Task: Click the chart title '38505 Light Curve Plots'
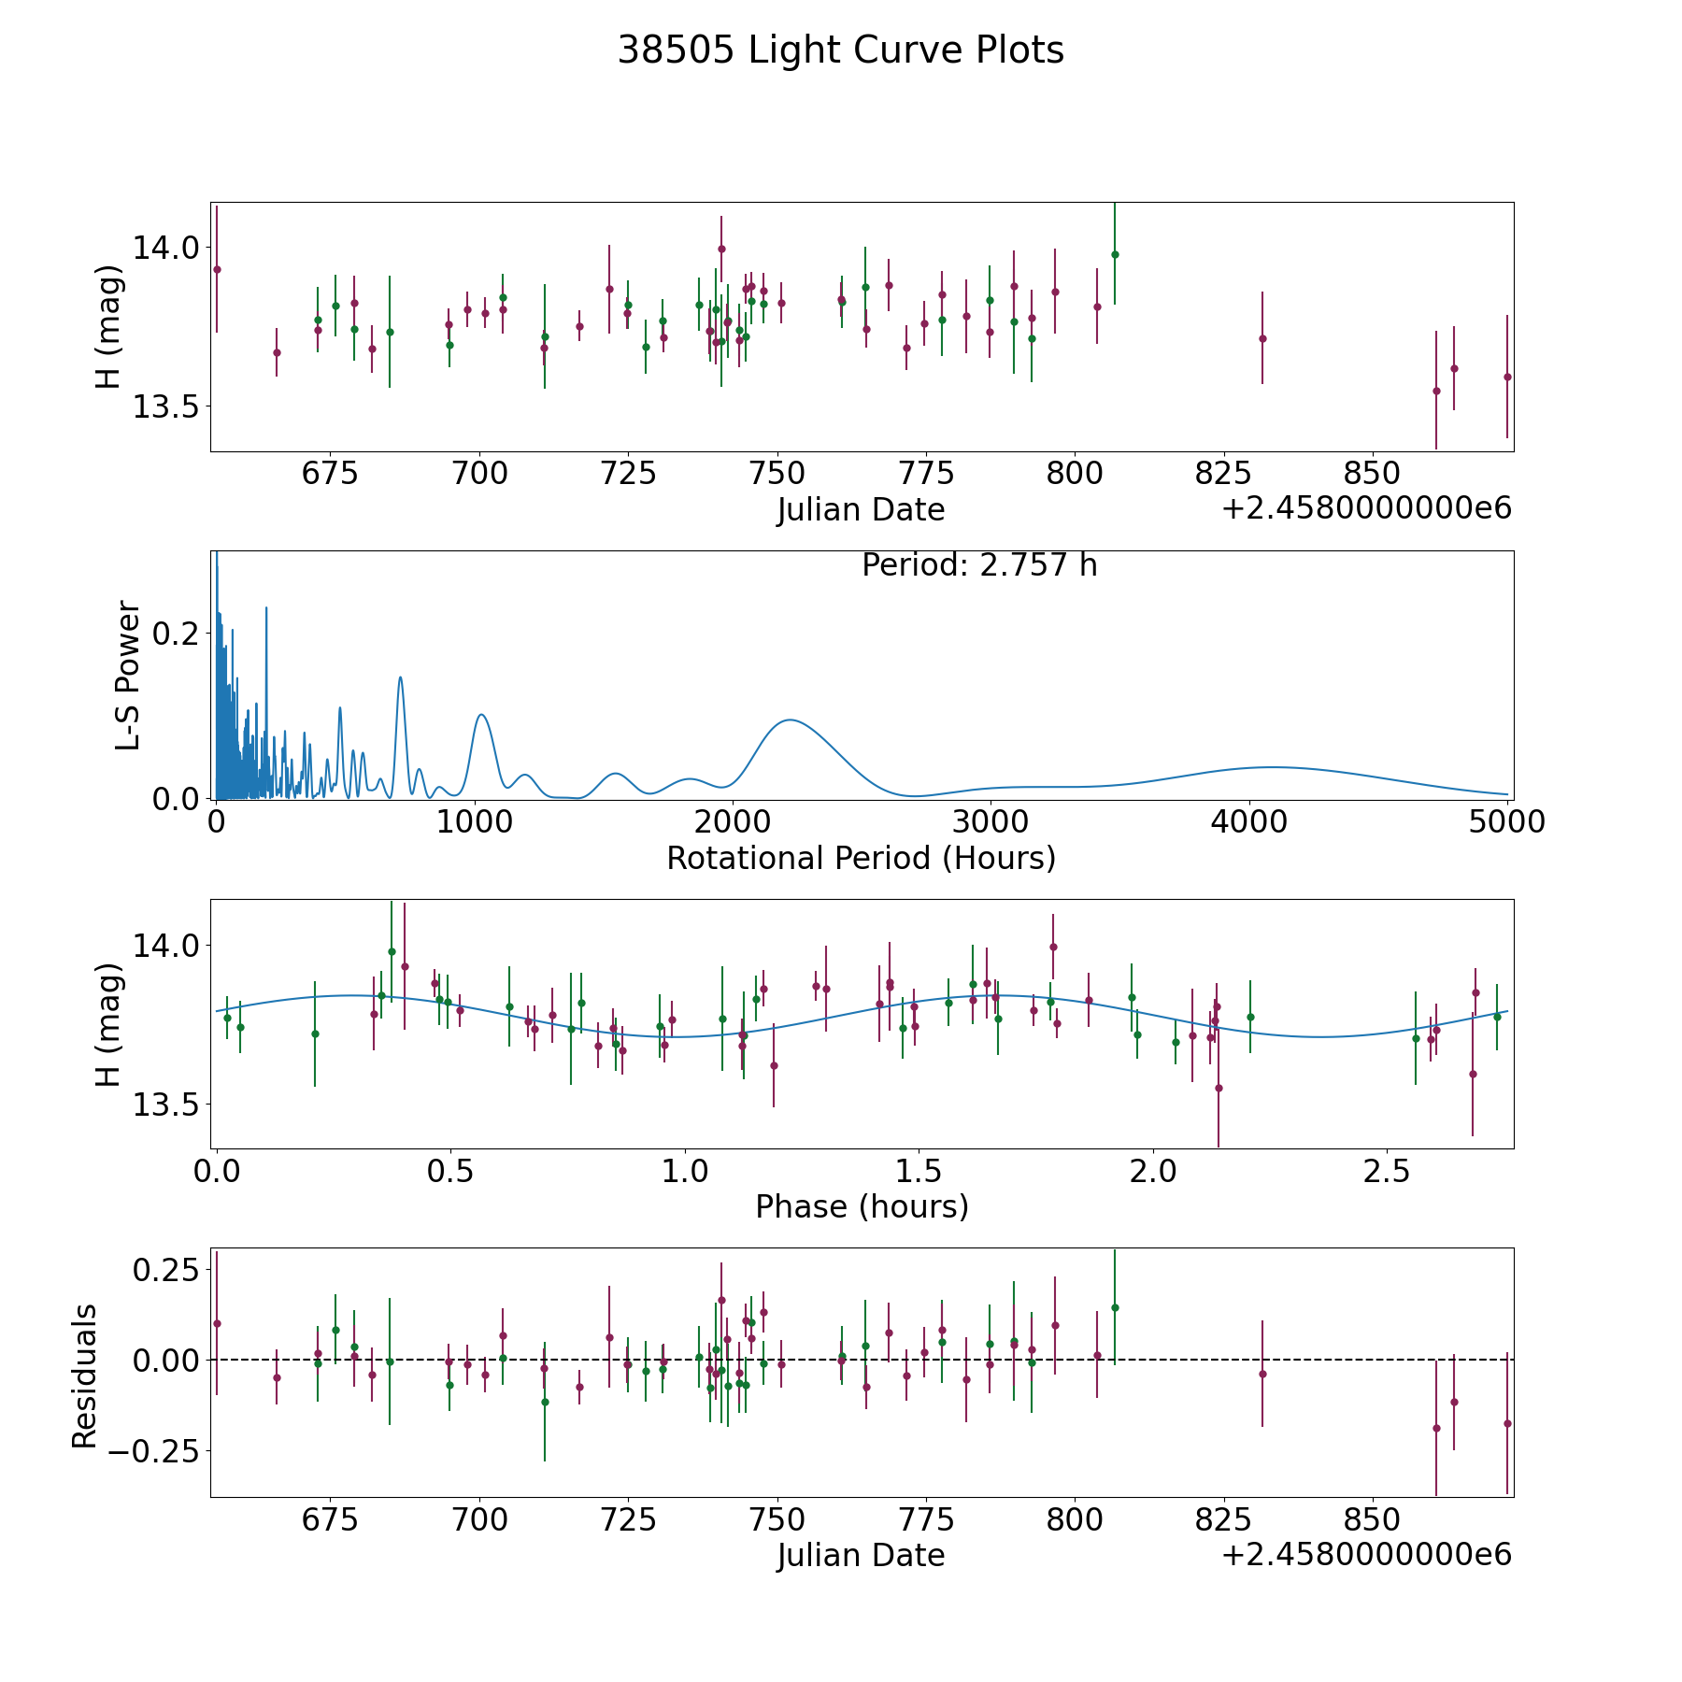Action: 840,50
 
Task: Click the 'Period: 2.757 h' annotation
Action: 979,565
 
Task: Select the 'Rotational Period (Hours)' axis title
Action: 861,858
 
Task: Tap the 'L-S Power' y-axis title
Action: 129,676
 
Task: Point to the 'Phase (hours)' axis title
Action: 862,1206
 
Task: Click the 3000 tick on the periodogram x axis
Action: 991,822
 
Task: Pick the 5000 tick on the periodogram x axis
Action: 1506,822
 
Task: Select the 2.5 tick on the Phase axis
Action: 1387,1171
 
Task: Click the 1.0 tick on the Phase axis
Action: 685,1171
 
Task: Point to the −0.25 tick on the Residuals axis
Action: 154,1451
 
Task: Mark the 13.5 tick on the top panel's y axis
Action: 164,406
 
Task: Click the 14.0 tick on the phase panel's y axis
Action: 164,946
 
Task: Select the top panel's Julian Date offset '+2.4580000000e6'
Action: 1366,508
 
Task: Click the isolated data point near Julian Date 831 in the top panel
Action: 1262,338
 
